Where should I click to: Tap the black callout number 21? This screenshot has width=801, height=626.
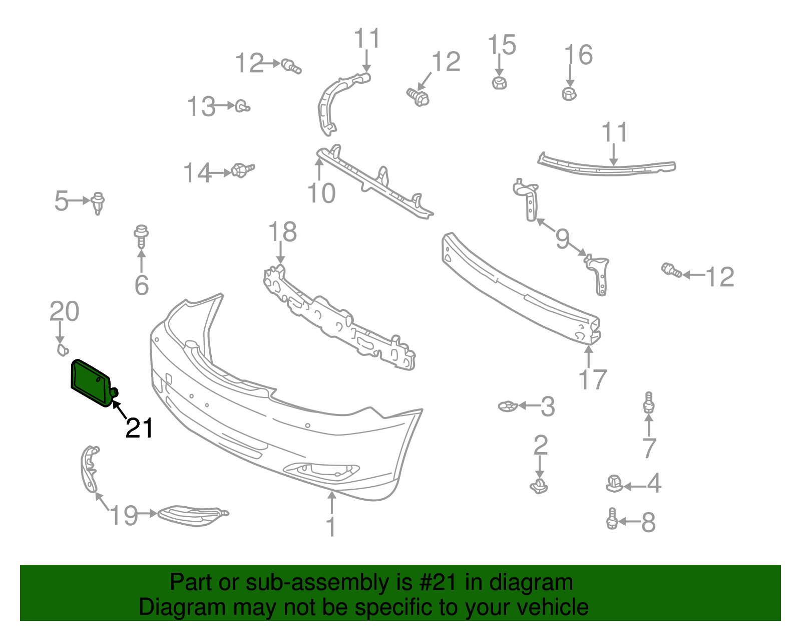[x=139, y=429]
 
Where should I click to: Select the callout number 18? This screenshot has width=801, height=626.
[x=282, y=233]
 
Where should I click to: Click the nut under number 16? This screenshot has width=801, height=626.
[x=569, y=93]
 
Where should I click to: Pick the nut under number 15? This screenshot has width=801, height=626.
[x=499, y=82]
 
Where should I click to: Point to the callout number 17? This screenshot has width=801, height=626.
[x=593, y=379]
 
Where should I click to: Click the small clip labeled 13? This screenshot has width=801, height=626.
[x=243, y=106]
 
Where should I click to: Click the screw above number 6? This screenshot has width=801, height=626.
[x=142, y=236]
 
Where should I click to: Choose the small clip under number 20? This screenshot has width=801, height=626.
[x=62, y=350]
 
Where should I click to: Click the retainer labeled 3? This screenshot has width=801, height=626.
[x=508, y=406]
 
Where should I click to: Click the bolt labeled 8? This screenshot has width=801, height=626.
[x=612, y=519]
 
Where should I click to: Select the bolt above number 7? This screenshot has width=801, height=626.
[x=649, y=403]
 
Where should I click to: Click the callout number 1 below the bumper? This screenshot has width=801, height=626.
[x=331, y=527]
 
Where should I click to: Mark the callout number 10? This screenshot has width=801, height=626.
[x=321, y=193]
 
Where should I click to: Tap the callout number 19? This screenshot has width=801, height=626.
[x=124, y=515]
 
